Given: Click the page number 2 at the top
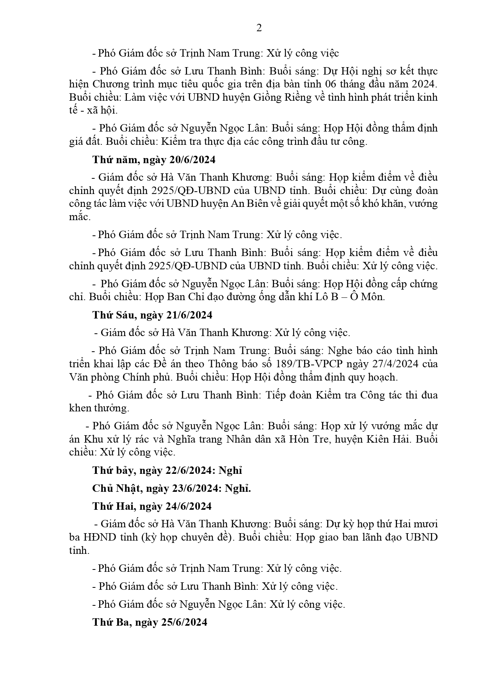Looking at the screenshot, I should point(259,28).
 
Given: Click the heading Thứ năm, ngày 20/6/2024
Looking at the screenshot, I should point(154,160).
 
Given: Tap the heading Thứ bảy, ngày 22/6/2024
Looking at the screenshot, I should point(167,470).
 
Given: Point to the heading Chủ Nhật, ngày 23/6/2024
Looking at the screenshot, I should point(171,488).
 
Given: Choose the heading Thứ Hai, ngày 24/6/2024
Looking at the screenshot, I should point(152,506).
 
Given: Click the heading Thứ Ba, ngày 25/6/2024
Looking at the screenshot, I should point(150,622).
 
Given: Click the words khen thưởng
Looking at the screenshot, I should point(98,408).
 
